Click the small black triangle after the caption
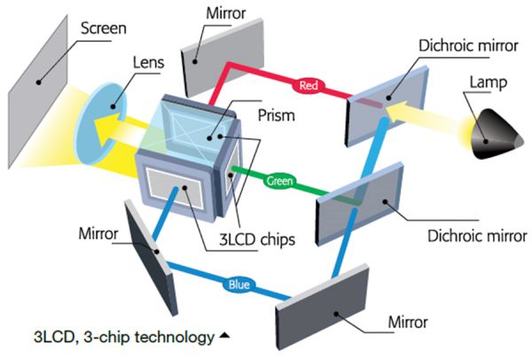(225, 336)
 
